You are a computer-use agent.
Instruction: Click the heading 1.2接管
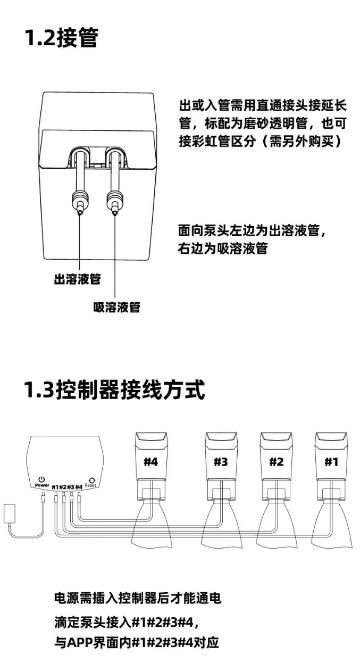click(x=61, y=38)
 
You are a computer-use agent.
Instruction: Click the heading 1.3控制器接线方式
click(x=114, y=390)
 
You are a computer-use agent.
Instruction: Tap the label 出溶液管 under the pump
click(x=77, y=279)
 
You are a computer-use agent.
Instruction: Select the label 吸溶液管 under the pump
click(x=116, y=307)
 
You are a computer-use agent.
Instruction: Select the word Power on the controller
click(x=42, y=486)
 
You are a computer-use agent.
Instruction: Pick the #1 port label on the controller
click(x=55, y=487)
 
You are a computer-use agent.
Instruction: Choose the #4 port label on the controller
click(x=79, y=487)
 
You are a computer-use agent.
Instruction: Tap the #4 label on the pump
click(x=151, y=462)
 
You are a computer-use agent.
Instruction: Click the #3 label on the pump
click(x=221, y=462)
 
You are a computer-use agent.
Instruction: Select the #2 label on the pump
click(x=276, y=462)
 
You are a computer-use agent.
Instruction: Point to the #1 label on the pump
click(x=331, y=462)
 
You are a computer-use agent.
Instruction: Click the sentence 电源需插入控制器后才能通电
click(x=138, y=598)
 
